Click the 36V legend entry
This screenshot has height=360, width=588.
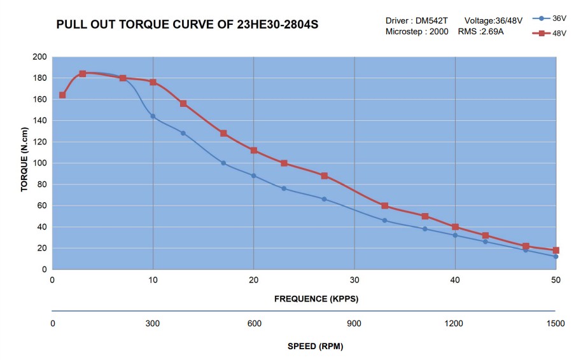(x=549, y=18)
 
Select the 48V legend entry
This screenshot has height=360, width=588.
(x=549, y=33)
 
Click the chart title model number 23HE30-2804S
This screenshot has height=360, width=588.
(x=277, y=24)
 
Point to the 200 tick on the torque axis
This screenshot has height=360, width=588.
(x=39, y=57)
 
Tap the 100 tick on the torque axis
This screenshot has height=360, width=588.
(x=39, y=163)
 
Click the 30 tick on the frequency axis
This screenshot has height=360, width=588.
(x=354, y=280)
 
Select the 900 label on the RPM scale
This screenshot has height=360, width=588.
(x=354, y=324)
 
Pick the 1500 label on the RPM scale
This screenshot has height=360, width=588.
(x=556, y=324)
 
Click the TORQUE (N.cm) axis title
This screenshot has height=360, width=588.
(x=24, y=160)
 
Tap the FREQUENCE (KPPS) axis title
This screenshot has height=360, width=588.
(x=316, y=299)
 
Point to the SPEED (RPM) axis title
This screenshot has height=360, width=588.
(x=316, y=346)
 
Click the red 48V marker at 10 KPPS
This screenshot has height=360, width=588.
(x=153, y=82)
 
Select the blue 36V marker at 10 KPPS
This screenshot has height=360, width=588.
(x=153, y=116)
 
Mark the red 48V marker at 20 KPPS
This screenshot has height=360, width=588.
(x=254, y=150)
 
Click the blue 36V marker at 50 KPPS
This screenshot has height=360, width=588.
(x=556, y=256)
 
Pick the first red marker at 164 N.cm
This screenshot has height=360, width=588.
(x=62, y=95)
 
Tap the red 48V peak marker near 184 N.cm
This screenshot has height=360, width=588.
(x=83, y=74)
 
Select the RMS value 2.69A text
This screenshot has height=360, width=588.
(x=491, y=32)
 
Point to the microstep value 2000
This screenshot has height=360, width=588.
(x=438, y=32)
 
